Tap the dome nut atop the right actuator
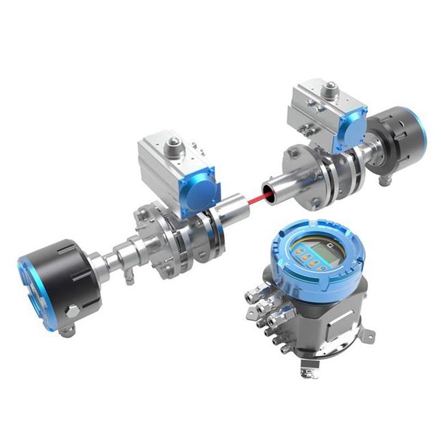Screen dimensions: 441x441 coord(331,87)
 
